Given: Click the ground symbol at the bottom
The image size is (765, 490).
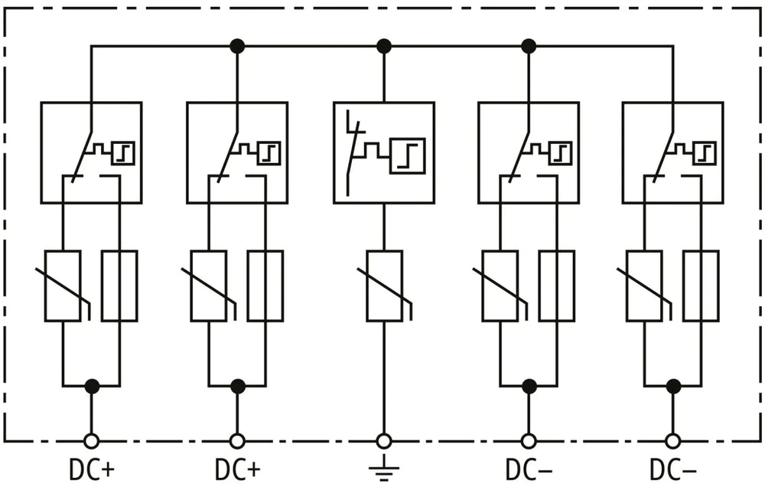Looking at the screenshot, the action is tap(383, 468).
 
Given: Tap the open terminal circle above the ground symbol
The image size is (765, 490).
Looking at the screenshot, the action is tap(383, 441).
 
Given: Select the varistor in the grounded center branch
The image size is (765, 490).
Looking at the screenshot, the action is tap(385, 286).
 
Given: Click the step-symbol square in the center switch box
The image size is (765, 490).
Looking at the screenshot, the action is tap(408, 155).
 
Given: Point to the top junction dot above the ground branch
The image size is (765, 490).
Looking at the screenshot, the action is tap(384, 47).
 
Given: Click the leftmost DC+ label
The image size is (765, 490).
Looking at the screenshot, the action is tap(92, 470).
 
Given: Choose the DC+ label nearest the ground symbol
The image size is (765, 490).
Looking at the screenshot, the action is tap(238, 470).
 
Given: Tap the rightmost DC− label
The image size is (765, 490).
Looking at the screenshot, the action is tap(672, 470).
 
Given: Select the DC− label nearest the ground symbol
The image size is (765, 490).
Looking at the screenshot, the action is tap(529, 470).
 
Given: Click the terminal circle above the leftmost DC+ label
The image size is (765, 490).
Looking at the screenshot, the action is tap(91, 441).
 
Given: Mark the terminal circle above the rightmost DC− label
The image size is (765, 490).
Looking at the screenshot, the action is tap(673, 441).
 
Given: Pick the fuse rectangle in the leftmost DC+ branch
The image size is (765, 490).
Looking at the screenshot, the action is tap(119, 286).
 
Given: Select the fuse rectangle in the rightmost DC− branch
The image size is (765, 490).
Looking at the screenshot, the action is tap(701, 286).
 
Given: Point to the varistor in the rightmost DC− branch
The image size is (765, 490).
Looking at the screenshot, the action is tap(644, 286).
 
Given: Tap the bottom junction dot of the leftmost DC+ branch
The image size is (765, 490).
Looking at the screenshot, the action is tap(92, 386).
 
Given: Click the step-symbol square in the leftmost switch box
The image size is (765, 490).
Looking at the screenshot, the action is tap(123, 153).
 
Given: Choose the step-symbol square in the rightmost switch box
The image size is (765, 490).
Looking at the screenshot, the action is tap(705, 153).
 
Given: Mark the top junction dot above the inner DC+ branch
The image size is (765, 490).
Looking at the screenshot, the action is tap(237, 47).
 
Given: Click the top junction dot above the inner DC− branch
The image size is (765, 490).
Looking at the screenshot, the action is tap(529, 47).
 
